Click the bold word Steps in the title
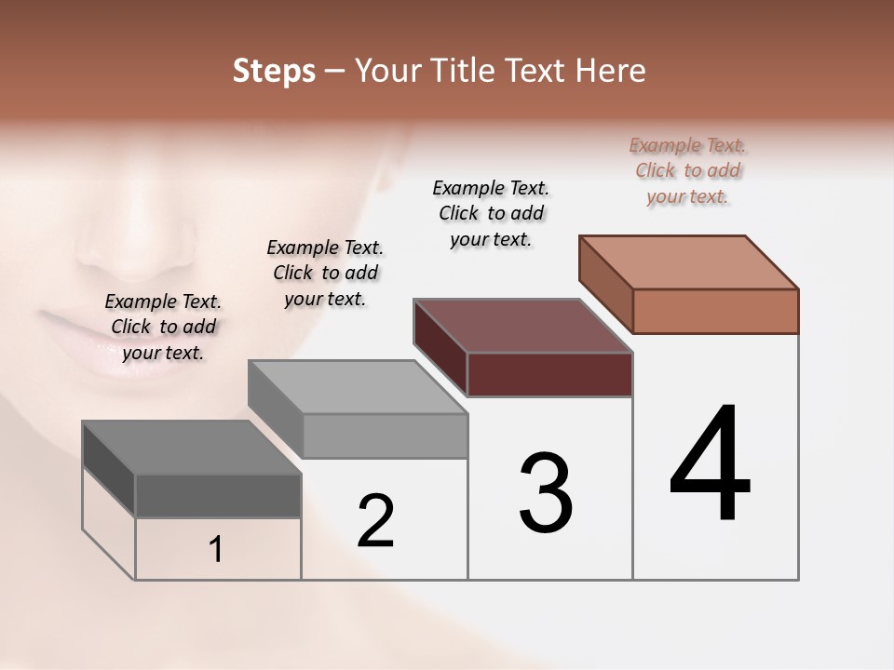point(274,72)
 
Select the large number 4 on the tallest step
point(710,465)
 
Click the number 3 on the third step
point(545,493)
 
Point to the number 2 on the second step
point(375,521)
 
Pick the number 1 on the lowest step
point(216,549)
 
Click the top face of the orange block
point(689,261)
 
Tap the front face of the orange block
point(715,311)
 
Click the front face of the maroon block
point(549,374)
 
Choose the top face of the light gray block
point(359,387)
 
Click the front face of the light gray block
point(385,435)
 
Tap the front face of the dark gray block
point(218,495)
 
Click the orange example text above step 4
point(687,170)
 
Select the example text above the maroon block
point(491,213)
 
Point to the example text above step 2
point(325,273)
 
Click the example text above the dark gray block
point(163,327)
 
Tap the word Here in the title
point(611,71)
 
